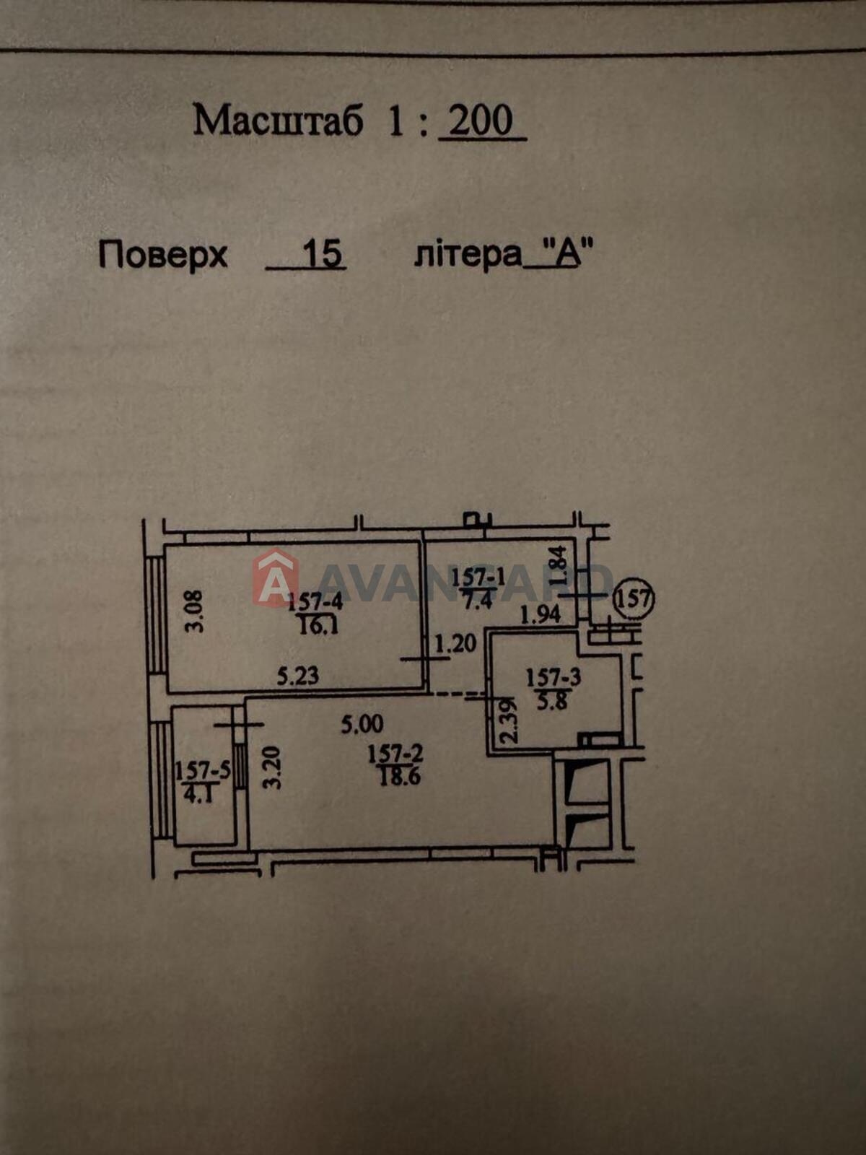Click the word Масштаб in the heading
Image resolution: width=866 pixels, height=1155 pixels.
pyautogui.click(x=278, y=121)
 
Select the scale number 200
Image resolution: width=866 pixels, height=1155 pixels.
pyautogui.click(x=481, y=120)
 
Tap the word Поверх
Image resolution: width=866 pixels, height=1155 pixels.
pyautogui.click(x=163, y=256)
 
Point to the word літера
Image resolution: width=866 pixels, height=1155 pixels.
pyautogui.click(x=468, y=256)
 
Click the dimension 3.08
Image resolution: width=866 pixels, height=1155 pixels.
pyautogui.click(x=195, y=611)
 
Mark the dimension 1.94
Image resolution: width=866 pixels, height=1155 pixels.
pyautogui.click(x=541, y=614)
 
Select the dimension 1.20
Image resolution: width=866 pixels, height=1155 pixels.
pyautogui.click(x=455, y=643)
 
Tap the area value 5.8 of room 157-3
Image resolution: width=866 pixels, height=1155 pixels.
pyautogui.click(x=553, y=702)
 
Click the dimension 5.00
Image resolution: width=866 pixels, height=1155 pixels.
pyautogui.click(x=362, y=725)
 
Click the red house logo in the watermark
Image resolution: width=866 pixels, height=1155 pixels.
pyautogui.click(x=276, y=577)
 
